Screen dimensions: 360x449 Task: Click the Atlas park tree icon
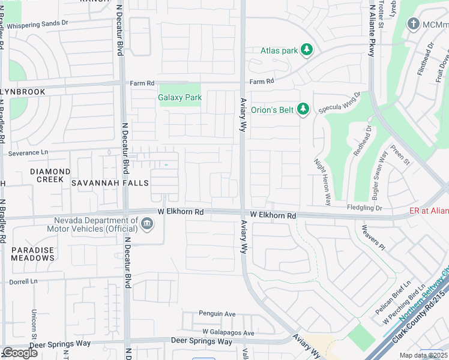coord(307,50)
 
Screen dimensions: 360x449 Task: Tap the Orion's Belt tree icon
coord(304,109)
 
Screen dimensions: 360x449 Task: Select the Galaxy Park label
coord(179,97)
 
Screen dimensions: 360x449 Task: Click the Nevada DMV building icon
coord(146,224)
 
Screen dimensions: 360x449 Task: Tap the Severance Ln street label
coord(28,153)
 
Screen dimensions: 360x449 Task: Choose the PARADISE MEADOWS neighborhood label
coord(33,254)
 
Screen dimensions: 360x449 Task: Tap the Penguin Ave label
coord(217,314)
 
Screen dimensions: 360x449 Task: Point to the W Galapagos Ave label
coord(228,332)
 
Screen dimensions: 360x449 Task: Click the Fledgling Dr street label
coord(364,208)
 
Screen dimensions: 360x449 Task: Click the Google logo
coord(19,353)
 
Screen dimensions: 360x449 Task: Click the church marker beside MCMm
coord(412,24)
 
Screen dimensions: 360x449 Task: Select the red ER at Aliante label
coord(429,211)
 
